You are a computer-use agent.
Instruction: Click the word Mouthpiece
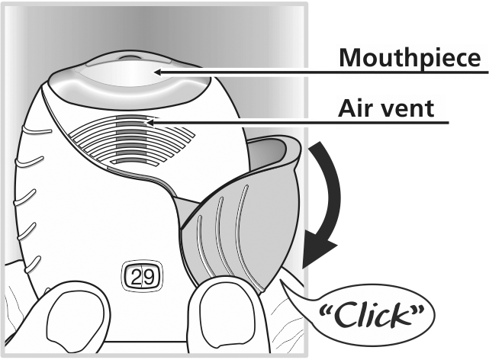[x=410, y=58]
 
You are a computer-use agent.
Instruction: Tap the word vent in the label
[x=407, y=109]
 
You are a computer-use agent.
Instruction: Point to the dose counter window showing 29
[x=142, y=276]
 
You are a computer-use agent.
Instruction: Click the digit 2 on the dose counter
[x=136, y=277]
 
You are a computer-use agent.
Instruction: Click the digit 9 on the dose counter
[x=148, y=277]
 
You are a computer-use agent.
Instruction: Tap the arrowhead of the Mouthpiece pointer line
[x=158, y=72]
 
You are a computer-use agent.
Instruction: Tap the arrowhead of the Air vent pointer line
[x=149, y=123]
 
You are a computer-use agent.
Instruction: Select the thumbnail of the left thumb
[x=76, y=322]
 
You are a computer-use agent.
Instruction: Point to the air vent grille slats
[x=131, y=140]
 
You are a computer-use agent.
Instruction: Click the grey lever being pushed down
[x=240, y=215]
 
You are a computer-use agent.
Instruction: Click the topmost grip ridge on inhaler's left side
[x=37, y=130]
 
